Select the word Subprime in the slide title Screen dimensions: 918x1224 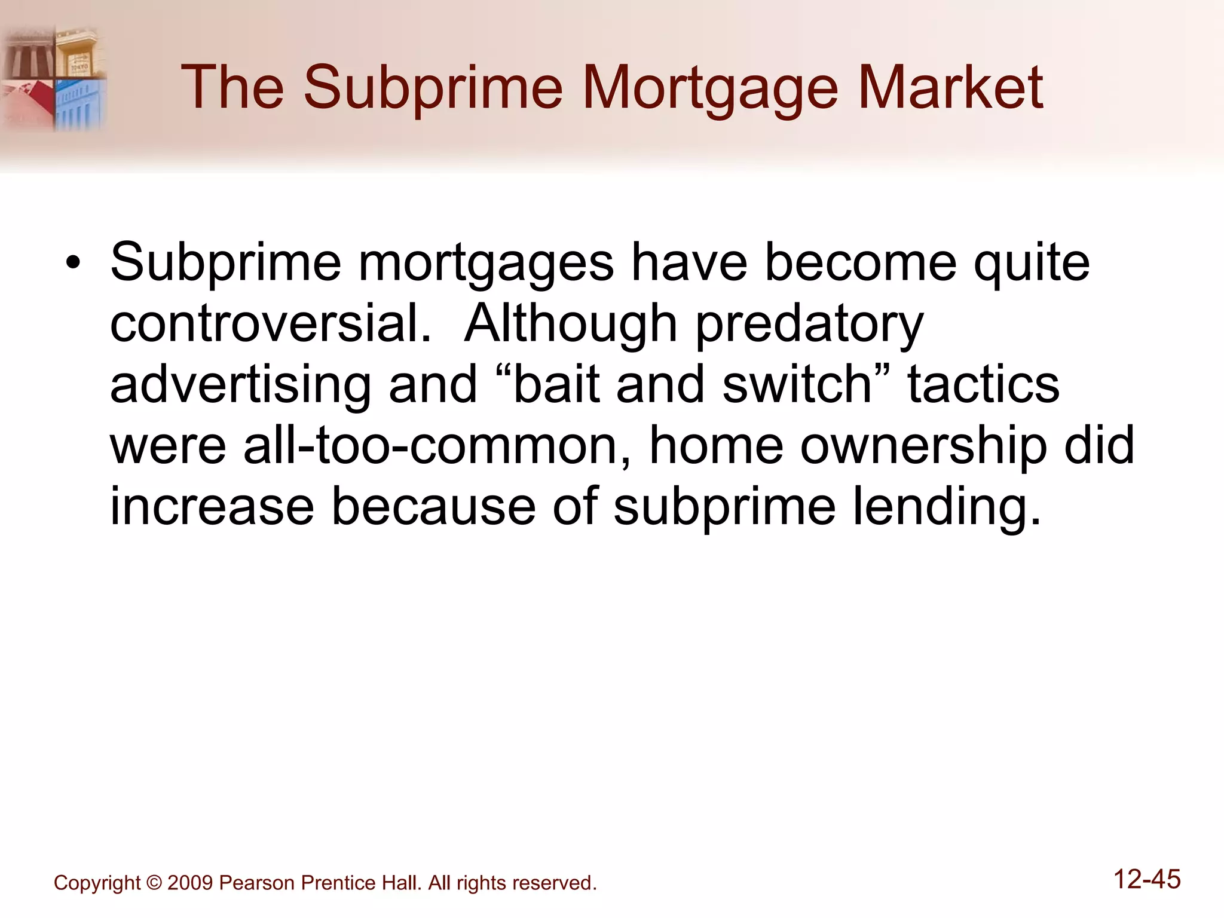pos(433,90)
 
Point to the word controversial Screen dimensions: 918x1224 pos(271,323)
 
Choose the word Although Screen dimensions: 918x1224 pos(571,323)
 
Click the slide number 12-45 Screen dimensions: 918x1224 pos(1147,879)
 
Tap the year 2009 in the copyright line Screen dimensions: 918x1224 pos(190,883)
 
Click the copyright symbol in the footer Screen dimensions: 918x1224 pos(154,883)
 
